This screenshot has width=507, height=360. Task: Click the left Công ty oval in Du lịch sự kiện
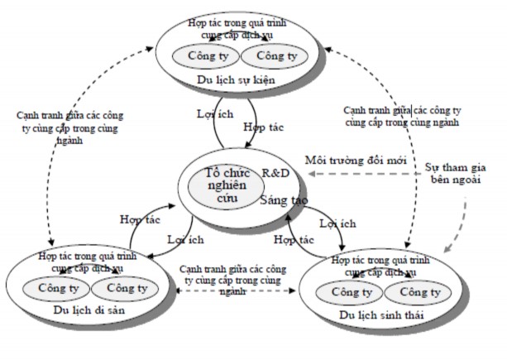click(201, 56)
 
